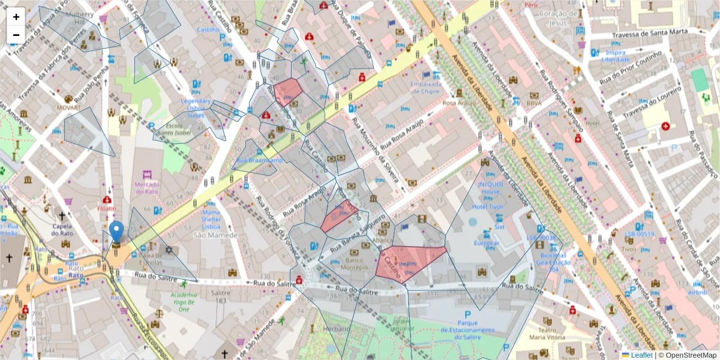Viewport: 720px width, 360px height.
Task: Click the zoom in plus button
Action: (16, 17)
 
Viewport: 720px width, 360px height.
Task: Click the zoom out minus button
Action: (16, 35)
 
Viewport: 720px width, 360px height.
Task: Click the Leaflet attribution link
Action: (641, 355)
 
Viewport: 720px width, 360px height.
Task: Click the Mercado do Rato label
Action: (147, 188)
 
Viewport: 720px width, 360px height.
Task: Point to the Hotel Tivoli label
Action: (488, 207)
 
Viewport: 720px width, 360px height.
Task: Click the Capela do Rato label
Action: (62, 230)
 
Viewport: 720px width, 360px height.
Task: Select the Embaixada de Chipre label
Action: (426, 88)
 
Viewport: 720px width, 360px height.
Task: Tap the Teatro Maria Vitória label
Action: (546, 333)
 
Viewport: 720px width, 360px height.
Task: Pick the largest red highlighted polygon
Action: (410, 263)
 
